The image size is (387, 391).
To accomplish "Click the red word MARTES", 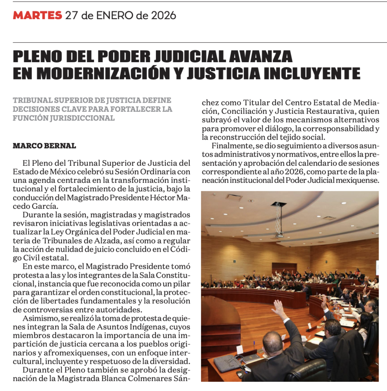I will pyautogui.click(x=37, y=15).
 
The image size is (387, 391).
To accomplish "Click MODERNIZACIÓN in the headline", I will pyautogui.click(x=102, y=73).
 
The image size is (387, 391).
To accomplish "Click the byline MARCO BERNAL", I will pyautogui.click(x=44, y=146).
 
